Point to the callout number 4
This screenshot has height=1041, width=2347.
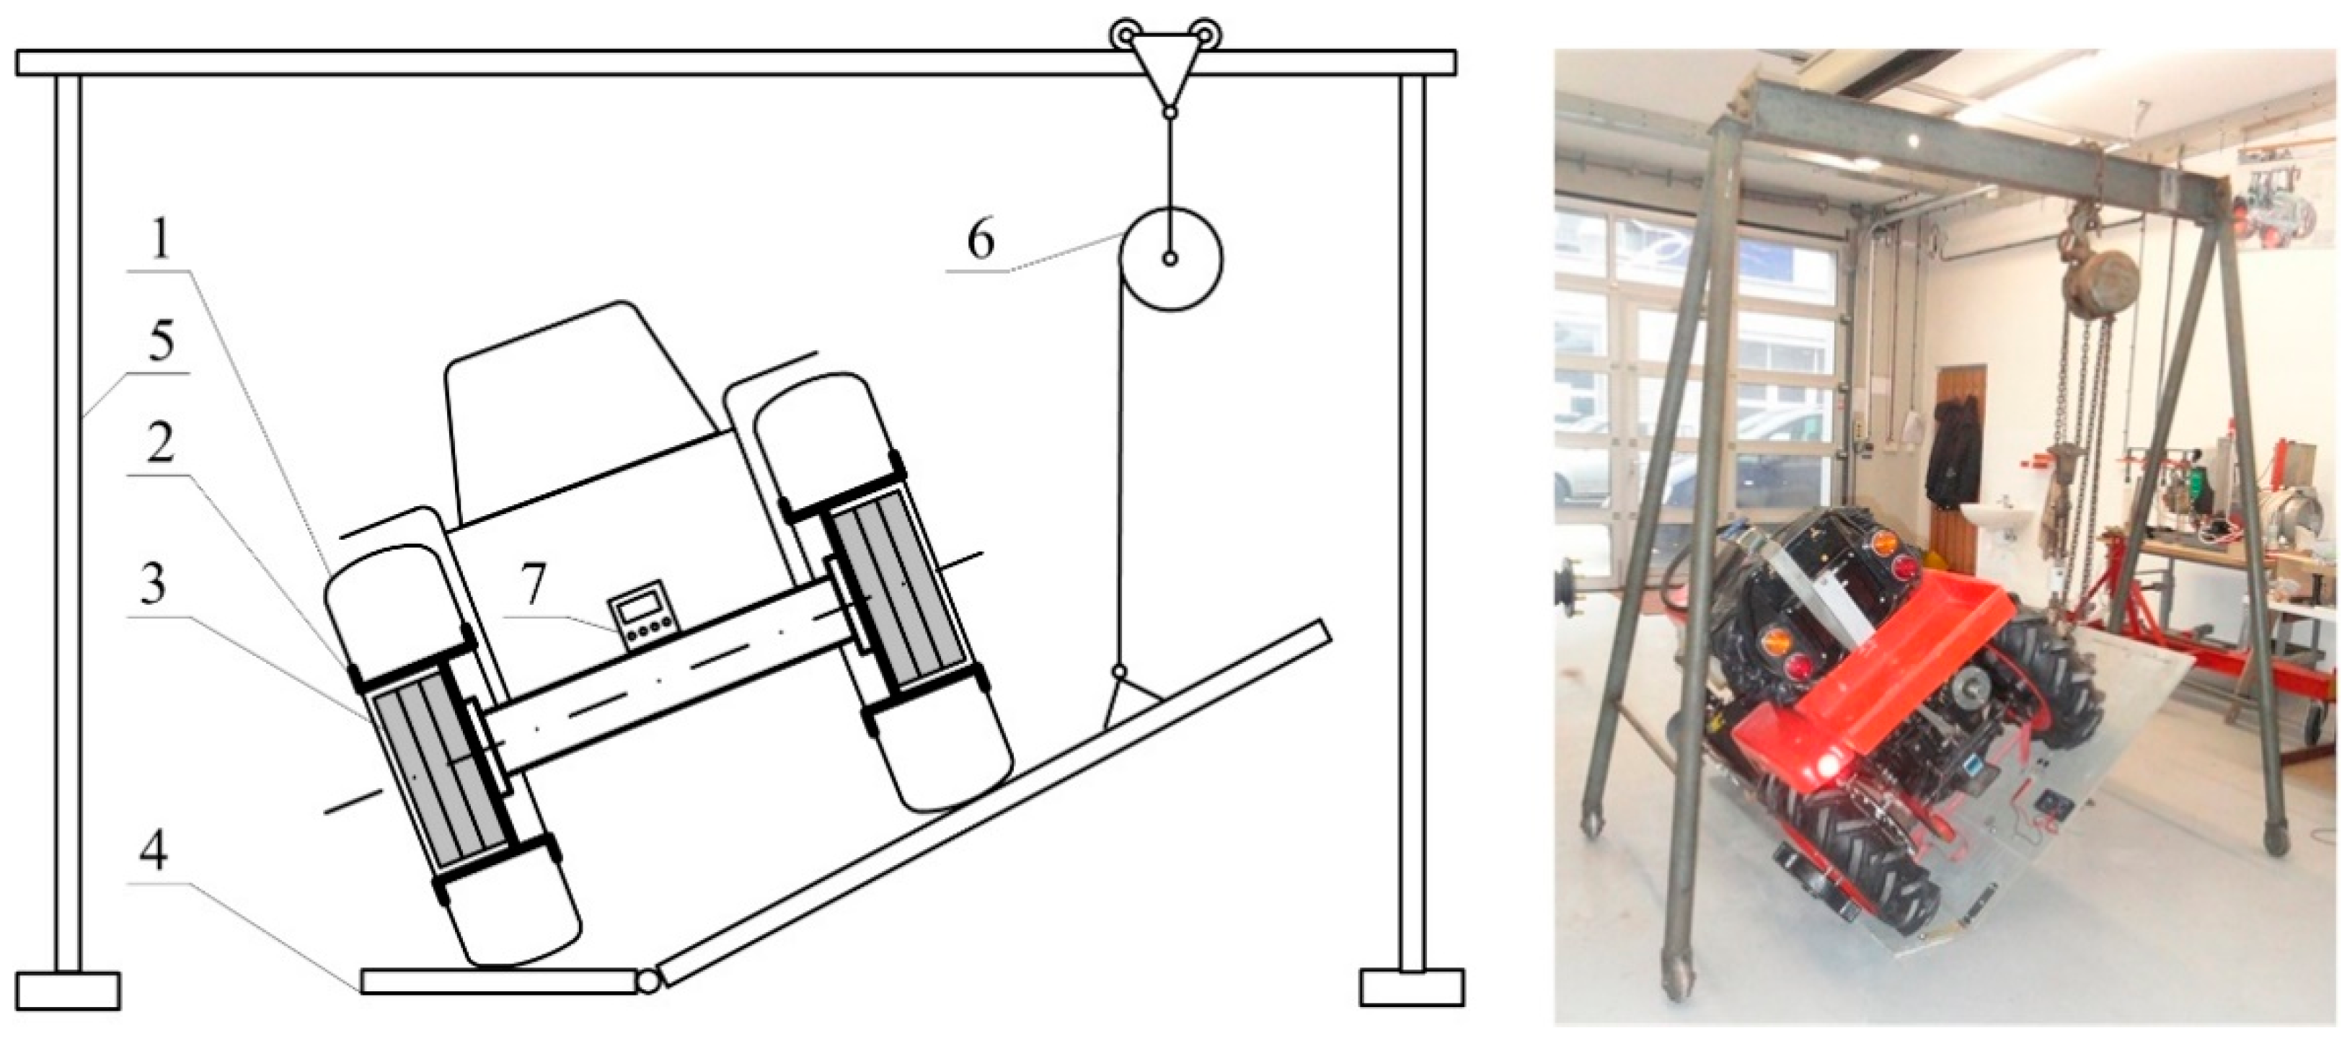pyautogui.click(x=155, y=854)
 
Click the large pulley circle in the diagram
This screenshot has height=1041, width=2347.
pyautogui.click(x=1170, y=259)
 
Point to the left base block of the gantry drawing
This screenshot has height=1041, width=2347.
pyautogui.click(x=68, y=991)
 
